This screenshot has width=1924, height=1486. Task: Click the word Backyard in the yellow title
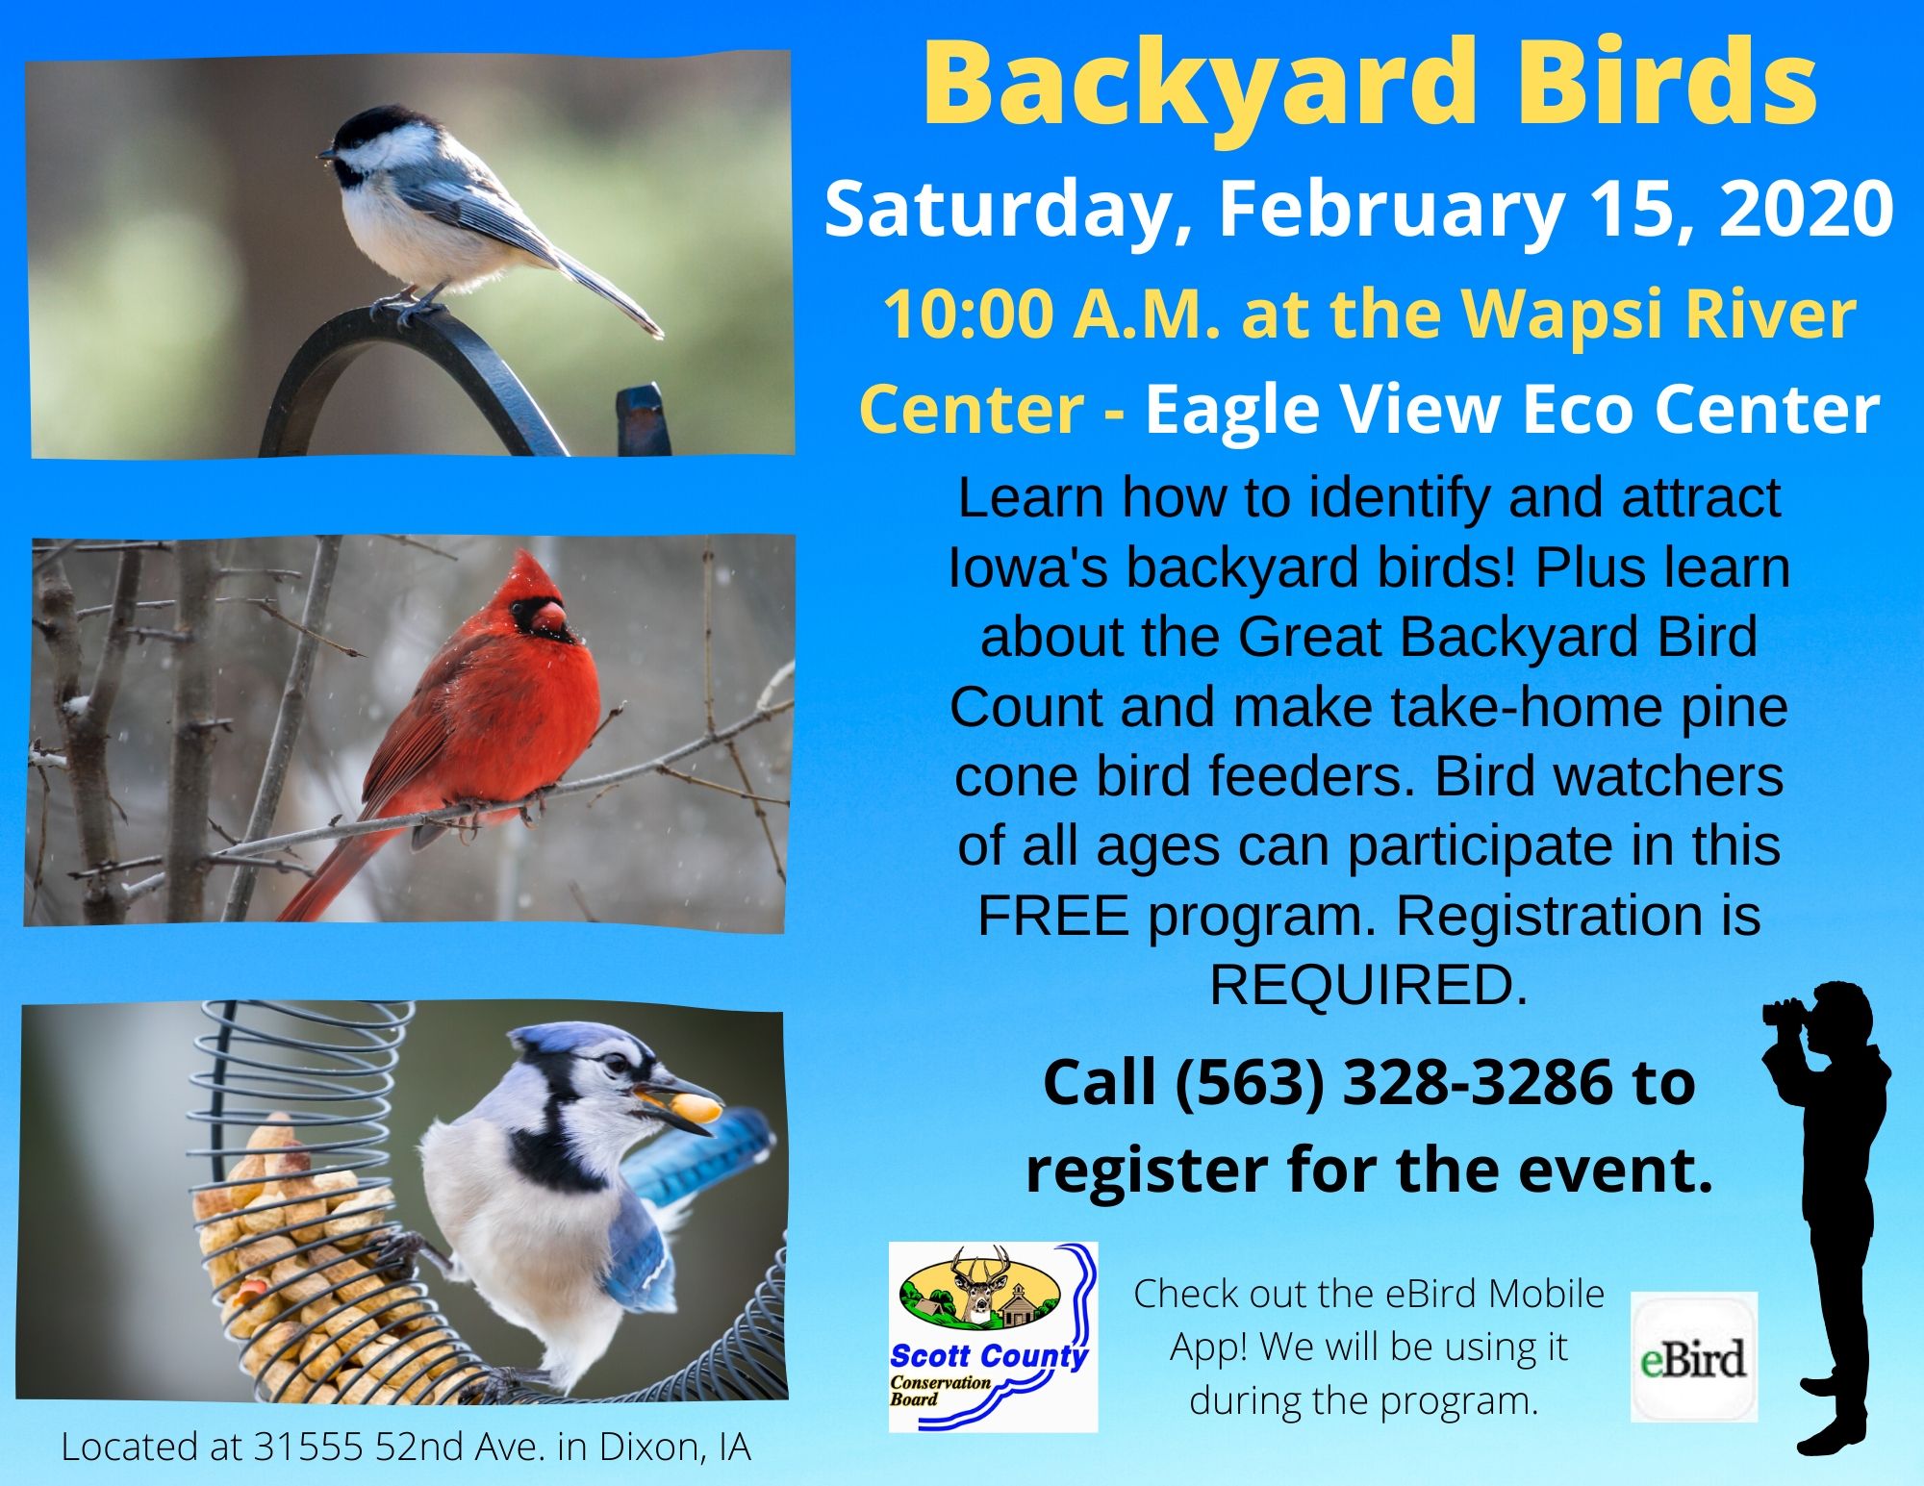[1199, 85]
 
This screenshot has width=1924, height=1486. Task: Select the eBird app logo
[1694, 1357]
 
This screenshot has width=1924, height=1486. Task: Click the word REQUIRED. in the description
[1368, 985]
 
